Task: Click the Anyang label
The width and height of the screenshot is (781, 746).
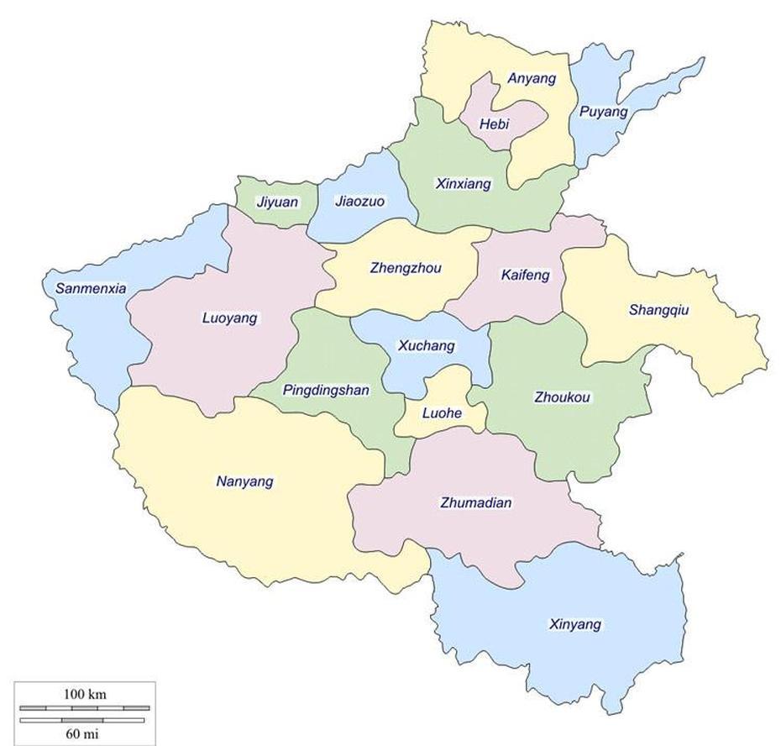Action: pyautogui.click(x=532, y=79)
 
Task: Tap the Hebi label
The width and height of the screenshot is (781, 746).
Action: pyautogui.click(x=494, y=124)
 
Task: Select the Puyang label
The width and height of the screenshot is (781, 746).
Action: pyautogui.click(x=603, y=112)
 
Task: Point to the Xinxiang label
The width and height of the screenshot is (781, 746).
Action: pyautogui.click(x=464, y=184)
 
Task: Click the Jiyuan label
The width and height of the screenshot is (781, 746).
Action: pyautogui.click(x=277, y=202)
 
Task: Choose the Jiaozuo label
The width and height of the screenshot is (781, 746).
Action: pyautogui.click(x=359, y=202)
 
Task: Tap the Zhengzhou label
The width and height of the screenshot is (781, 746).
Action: pyautogui.click(x=405, y=269)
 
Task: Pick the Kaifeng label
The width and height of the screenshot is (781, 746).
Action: pyautogui.click(x=525, y=275)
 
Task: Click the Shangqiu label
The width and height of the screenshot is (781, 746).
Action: pyautogui.click(x=658, y=310)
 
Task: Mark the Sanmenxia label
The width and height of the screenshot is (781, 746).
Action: pyautogui.click(x=91, y=289)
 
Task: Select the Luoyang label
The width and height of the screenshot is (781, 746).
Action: pyautogui.click(x=229, y=318)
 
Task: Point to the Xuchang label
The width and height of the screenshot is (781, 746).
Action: pyautogui.click(x=426, y=345)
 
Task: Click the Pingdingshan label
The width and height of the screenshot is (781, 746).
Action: pyautogui.click(x=326, y=391)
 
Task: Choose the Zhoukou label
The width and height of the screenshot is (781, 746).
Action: pyautogui.click(x=562, y=397)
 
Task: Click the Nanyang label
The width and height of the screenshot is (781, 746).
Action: pyautogui.click(x=244, y=482)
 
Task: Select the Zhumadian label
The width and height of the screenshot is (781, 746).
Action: pyautogui.click(x=475, y=503)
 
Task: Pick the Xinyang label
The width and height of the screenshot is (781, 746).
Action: pyautogui.click(x=574, y=625)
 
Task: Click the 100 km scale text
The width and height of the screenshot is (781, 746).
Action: pyautogui.click(x=85, y=695)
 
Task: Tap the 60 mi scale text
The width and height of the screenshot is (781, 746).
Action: pyautogui.click(x=85, y=733)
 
